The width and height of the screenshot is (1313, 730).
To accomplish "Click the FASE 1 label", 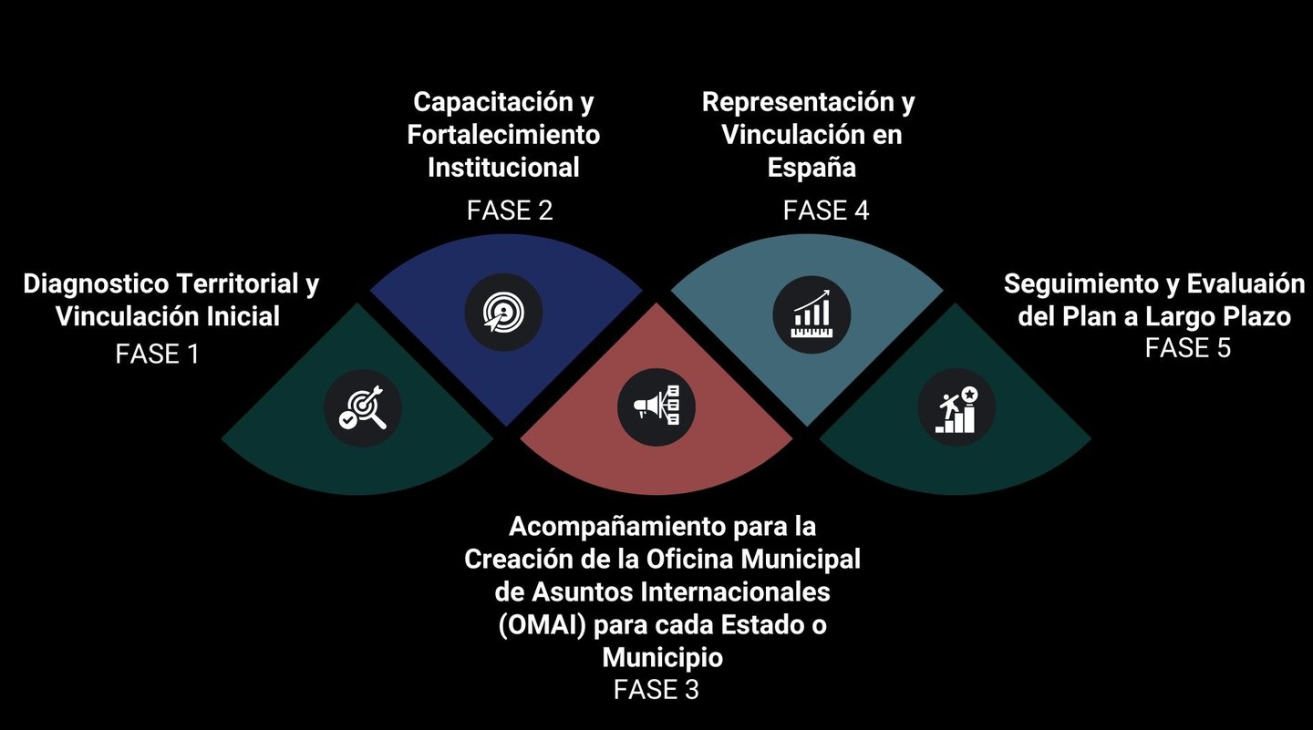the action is pos(157,353).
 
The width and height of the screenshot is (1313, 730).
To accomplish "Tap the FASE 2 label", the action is pos(510,211).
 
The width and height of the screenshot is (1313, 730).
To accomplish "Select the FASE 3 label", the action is pos(656,689).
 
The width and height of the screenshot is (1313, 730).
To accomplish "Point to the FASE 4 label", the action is pos(825,211).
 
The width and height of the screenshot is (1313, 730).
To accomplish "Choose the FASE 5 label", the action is pos(1187,347).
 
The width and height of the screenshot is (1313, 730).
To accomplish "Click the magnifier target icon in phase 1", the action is pos(363,408).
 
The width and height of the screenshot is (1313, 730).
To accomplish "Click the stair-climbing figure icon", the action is pos(956,408).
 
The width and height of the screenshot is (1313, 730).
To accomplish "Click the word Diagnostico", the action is pos(96,284).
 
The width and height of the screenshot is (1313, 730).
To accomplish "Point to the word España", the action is pos(812,168).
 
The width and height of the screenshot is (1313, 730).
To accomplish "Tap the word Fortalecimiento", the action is pos(503,135).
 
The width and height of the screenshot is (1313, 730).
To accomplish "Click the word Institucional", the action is pos(503,168).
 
